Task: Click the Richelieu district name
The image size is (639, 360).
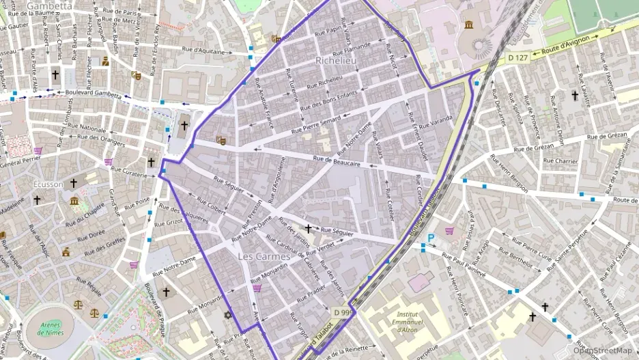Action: [x=337, y=61]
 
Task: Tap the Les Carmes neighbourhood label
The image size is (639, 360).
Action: [x=264, y=257]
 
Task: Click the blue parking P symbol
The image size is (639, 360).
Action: [x=431, y=238]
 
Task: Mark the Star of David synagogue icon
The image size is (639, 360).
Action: [x=228, y=316]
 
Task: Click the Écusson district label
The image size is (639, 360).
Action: [x=48, y=184]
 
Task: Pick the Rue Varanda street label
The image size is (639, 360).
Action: [x=436, y=123]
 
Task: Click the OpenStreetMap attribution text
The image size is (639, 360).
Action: [x=603, y=350]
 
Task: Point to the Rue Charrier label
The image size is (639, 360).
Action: [x=561, y=161]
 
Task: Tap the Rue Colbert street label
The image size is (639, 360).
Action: [x=212, y=207]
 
